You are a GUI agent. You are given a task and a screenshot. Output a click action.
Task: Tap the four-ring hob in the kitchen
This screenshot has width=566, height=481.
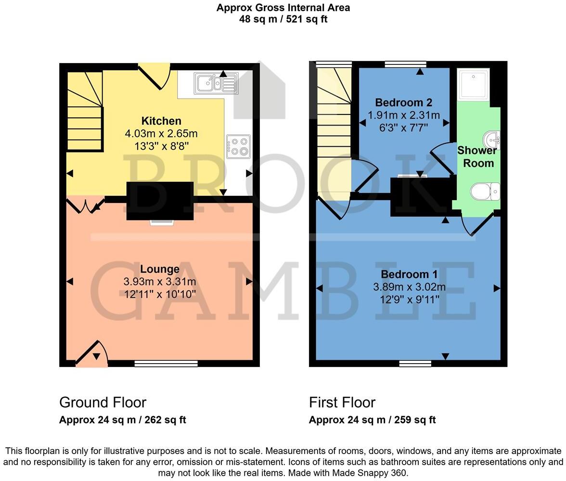pos(238,147)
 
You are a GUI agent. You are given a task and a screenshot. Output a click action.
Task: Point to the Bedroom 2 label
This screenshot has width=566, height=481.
pos(403,102)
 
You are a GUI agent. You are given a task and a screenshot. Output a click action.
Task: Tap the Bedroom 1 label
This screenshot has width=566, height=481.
pos(409,275)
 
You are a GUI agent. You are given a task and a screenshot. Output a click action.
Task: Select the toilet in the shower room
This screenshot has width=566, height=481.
pos(485,191)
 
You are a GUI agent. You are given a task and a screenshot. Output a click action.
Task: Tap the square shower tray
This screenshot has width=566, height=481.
pos(473,85)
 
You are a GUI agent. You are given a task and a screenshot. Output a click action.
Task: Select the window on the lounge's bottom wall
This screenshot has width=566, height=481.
pos(166,364)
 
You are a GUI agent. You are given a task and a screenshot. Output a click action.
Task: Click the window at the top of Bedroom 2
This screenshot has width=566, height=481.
pos(405,64)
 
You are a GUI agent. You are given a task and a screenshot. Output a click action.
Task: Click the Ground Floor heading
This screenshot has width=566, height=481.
pos(103,402)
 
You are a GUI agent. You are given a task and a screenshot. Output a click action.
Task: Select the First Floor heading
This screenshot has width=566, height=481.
pos(342,402)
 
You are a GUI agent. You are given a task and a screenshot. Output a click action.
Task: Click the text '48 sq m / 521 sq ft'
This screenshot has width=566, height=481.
pos(283,20)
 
